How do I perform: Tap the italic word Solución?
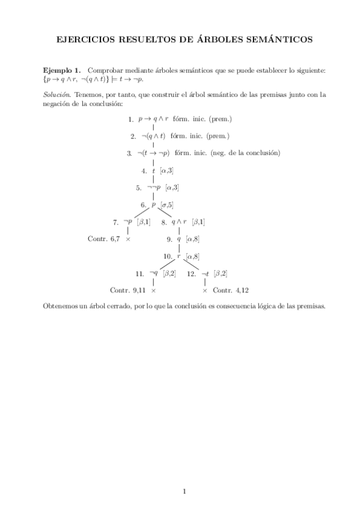[57, 94]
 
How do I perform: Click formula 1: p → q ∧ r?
[153, 119]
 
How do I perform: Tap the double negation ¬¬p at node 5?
[153, 187]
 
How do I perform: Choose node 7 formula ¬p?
[127, 221]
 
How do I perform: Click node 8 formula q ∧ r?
[179, 221]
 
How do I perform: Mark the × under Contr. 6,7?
[128, 239]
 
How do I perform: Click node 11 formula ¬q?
[153, 273]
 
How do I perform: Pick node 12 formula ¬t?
[205, 273]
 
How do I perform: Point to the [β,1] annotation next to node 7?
[144, 221]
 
